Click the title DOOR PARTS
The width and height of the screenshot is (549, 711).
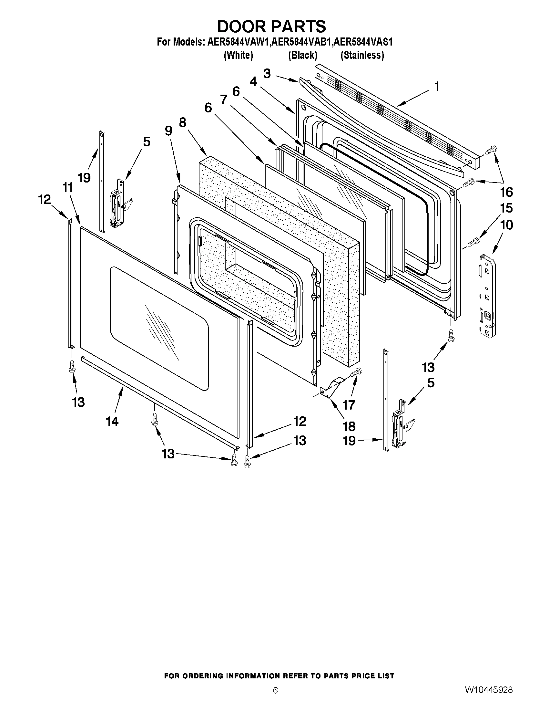pyautogui.click(x=271, y=26)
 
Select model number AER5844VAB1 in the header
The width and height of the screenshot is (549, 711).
pyautogui.click(x=302, y=42)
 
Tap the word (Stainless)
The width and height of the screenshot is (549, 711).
pyautogui.click(x=362, y=55)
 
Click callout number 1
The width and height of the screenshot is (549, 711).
pyautogui.click(x=437, y=87)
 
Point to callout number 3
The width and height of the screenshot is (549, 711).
pyautogui.click(x=267, y=74)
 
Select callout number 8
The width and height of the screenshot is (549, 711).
pyautogui.click(x=182, y=122)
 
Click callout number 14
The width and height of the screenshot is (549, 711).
pyautogui.click(x=112, y=422)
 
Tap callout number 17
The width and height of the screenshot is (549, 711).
pyautogui.click(x=349, y=405)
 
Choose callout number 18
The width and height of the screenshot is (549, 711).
pyautogui.click(x=349, y=426)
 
